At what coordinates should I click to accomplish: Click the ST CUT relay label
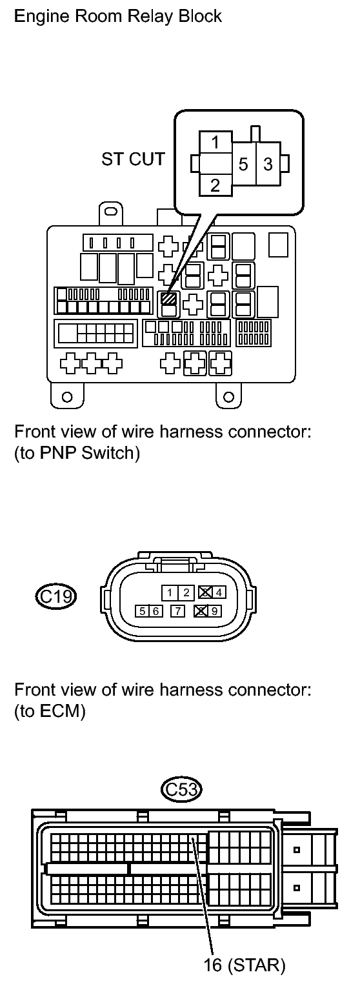coord(133,159)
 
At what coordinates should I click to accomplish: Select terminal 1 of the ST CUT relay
coord(216,142)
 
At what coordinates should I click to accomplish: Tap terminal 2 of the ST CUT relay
coord(215,185)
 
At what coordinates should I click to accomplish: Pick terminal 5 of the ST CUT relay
coord(243,165)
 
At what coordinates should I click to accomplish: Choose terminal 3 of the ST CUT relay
coord(268,165)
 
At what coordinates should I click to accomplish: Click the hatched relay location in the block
coord(169,298)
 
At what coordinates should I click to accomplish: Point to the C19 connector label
coord(55,597)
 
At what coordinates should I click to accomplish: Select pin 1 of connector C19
coord(170,592)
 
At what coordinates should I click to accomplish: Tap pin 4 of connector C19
coord(219,592)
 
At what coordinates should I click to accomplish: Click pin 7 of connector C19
coord(178,611)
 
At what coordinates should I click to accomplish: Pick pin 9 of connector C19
coord(215,611)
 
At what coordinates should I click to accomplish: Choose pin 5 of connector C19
coord(143,611)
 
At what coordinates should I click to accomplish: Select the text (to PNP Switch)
coord(77,453)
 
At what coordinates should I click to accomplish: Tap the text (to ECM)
coord(50,711)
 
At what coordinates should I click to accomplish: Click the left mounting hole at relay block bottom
coord(67,396)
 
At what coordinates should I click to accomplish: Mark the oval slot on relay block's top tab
coord(111,211)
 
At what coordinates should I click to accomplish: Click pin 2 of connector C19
coord(186,592)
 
